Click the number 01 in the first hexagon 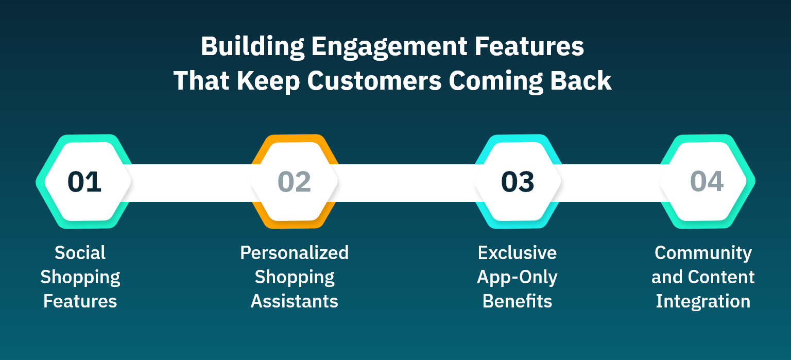pyautogui.click(x=84, y=182)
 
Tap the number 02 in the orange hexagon pyautogui.click(x=294, y=182)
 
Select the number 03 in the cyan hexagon pyautogui.click(x=518, y=182)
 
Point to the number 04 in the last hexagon pyautogui.click(x=707, y=182)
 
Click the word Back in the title pyautogui.click(x=584, y=82)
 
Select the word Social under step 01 pyautogui.click(x=80, y=253)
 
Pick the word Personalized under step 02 pyautogui.click(x=294, y=253)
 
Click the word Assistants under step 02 pyautogui.click(x=294, y=301)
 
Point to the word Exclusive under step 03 pyautogui.click(x=517, y=253)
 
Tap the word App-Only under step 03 pyautogui.click(x=517, y=277)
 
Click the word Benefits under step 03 pyautogui.click(x=517, y=301)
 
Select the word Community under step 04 pyautogui.click(x=703, y=253)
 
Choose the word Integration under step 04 pyautogui.click(x=703, y=301)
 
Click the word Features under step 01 pyautogui.click(x=80, y=301)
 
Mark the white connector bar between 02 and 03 pyautogui.click(x=407, y=183)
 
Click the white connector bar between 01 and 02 pyautogui.click(x=191, y=183)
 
